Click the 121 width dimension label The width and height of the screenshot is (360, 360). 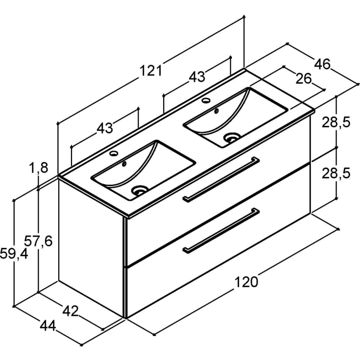151,71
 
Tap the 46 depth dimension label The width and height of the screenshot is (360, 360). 322,64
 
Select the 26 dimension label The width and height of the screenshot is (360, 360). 304,79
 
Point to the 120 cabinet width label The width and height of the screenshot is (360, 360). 246,282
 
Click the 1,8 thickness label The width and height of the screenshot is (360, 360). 39,168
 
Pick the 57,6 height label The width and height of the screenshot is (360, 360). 38,241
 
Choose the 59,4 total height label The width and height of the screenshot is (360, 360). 14,254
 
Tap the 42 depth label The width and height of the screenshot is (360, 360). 71,311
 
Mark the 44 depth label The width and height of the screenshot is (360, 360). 48,326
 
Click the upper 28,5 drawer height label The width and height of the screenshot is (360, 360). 336,122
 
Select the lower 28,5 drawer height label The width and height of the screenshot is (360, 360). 336,173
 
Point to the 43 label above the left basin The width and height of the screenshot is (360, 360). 105,128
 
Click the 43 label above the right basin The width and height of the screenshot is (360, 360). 197,77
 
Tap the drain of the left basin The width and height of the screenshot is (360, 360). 140,190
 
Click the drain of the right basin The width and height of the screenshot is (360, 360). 232,138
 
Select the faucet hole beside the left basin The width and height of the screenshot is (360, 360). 114,153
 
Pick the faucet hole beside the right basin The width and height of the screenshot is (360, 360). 206,100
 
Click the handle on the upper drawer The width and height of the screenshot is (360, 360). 221,179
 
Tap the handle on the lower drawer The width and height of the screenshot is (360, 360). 221,231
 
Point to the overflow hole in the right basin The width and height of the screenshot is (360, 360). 216,111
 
